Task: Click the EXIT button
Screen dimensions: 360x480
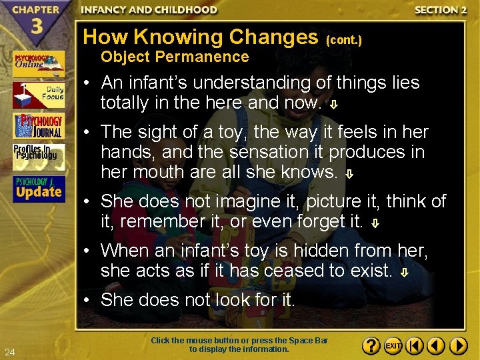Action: pos(394,347)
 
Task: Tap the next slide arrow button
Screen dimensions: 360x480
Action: pos(458,347)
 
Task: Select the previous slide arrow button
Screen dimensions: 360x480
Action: pos(437,347)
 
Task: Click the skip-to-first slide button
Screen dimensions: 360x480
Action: pos(415,347)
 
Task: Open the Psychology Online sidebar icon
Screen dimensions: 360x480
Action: pos(38,64)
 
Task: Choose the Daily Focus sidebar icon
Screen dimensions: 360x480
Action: pos(38,95)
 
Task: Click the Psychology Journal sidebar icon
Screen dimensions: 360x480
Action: pos(38,126)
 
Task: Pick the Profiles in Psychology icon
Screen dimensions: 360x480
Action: pos(38,157)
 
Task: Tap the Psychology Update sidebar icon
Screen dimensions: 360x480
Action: pos(38,189)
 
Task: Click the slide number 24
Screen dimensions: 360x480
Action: pos(9,352)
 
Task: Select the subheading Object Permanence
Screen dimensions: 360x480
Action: pos(175,57)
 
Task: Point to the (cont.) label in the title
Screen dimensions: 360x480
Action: pos(344,40)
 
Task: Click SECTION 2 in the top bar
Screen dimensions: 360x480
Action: pos(441,10)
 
